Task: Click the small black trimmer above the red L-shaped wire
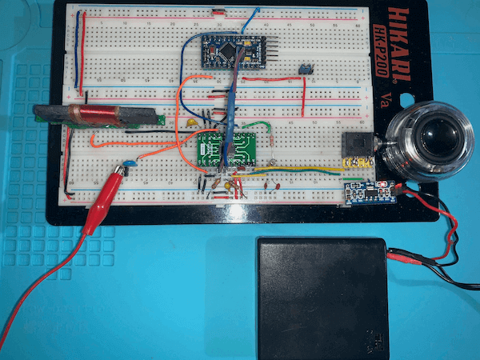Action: click(x=305, y=70)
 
